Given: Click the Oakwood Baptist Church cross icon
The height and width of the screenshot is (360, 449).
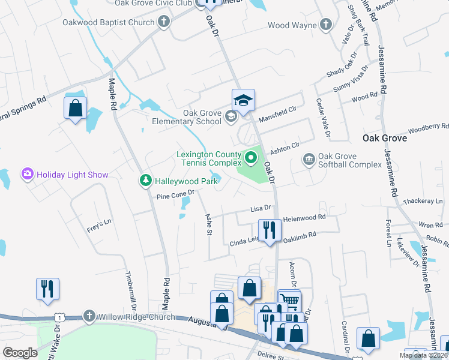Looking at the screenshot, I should pos(163,23).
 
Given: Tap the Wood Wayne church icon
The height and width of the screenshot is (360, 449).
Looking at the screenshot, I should pos(325,25).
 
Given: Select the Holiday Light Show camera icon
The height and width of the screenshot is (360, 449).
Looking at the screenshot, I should pos(27,175).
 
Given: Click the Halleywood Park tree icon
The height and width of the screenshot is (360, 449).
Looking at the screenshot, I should pos(145,180).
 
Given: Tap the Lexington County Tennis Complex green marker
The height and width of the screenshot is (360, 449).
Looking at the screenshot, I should pos(250,159).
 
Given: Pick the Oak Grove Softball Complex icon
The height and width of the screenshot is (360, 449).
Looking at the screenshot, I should pos(309,159).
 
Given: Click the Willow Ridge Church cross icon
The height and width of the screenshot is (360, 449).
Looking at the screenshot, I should pos(89,316).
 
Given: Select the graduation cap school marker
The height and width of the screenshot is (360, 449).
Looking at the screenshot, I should pos(244,100).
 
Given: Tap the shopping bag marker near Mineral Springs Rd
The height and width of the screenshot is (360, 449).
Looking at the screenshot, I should pos(75,108).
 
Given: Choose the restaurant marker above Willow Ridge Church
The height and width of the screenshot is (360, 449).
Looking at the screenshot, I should pos(47,288).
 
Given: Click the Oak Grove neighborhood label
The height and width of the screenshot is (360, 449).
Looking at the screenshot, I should pos(385,138).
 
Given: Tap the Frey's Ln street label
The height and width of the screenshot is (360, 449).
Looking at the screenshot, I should pos(99,221).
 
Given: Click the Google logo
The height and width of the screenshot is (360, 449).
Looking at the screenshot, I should pos(20,352).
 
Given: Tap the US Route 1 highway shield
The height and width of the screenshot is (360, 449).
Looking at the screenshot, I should pos(59,316).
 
